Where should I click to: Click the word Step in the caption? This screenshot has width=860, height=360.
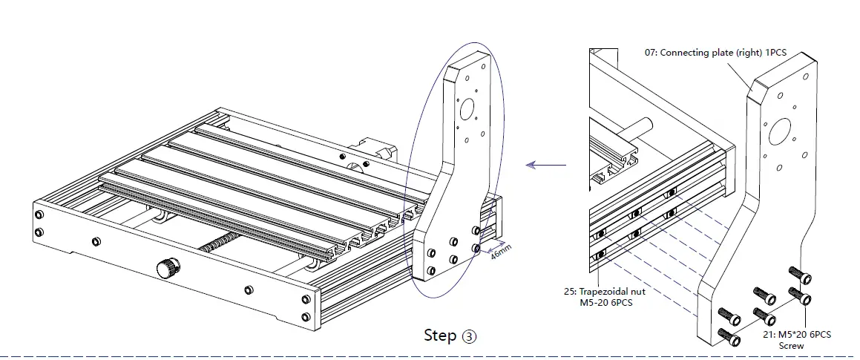tap(440, 335)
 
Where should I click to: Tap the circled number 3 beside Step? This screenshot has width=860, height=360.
tap(469, 336)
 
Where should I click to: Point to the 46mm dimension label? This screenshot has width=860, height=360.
tap(501, 254)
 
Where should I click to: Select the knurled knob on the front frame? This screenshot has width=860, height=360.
tap(168, 267)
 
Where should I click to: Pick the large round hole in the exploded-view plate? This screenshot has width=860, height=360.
tap(781, 132)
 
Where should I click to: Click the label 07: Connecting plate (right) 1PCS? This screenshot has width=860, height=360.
tap(723, 53)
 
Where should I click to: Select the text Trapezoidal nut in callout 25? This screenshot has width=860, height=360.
tap(617, 291)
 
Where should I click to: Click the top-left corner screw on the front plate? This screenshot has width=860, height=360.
tap(39, 215)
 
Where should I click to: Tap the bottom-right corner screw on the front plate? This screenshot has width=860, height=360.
tap(306, 318)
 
